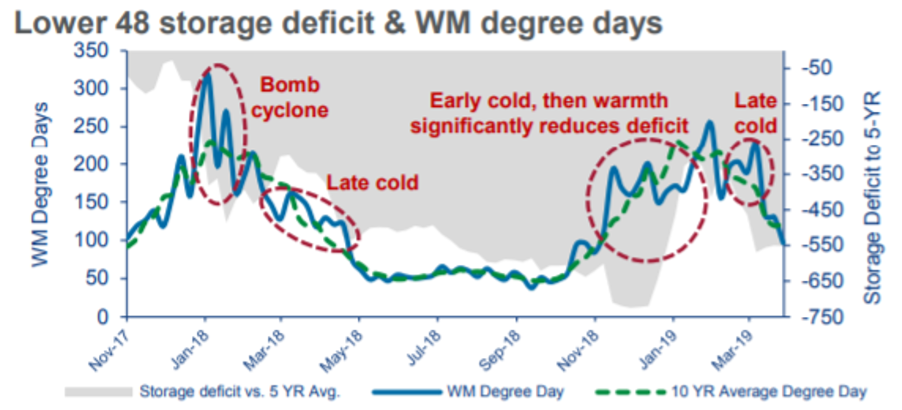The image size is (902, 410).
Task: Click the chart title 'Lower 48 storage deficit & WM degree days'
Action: click(338, 24)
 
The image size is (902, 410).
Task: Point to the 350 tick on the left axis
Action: click(91, 51)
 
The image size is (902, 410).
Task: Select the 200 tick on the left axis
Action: click(91, 164)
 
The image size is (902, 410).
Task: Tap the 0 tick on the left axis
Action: click(102, 317)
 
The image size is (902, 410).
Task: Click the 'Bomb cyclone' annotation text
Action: click(290, 97)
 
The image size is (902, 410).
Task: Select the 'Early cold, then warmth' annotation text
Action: click(549, 101)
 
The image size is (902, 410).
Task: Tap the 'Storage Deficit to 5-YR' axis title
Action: click(872, 197)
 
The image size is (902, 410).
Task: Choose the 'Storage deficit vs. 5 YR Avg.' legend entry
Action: click(240, 391)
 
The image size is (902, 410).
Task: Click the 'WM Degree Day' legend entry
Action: click(505, 391)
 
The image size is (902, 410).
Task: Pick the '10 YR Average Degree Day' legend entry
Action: click(768, 391)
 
